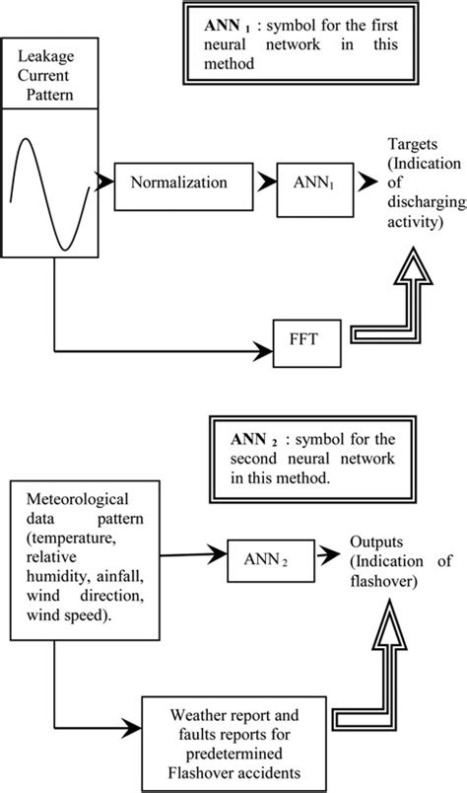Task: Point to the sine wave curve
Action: pos(53,198)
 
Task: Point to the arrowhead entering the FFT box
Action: pos(267,349)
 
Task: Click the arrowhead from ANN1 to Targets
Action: pos(368,182)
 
